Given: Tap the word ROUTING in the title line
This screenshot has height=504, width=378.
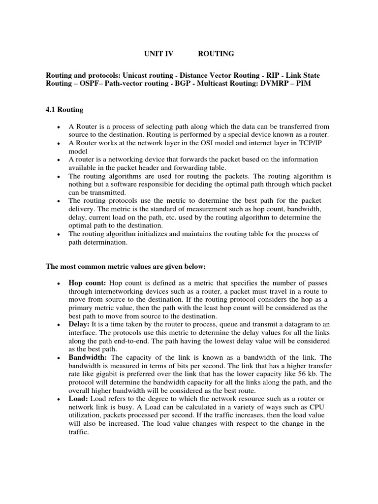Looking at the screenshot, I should click(217, 53).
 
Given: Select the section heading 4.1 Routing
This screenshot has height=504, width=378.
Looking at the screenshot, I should click(64, 109).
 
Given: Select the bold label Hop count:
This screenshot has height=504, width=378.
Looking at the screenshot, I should click(87, 283).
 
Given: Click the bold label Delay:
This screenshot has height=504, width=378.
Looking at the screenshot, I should click(79, 324).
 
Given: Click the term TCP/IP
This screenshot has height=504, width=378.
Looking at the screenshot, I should click(320, 143).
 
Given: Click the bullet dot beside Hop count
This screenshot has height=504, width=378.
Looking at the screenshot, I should click(59, 284).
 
